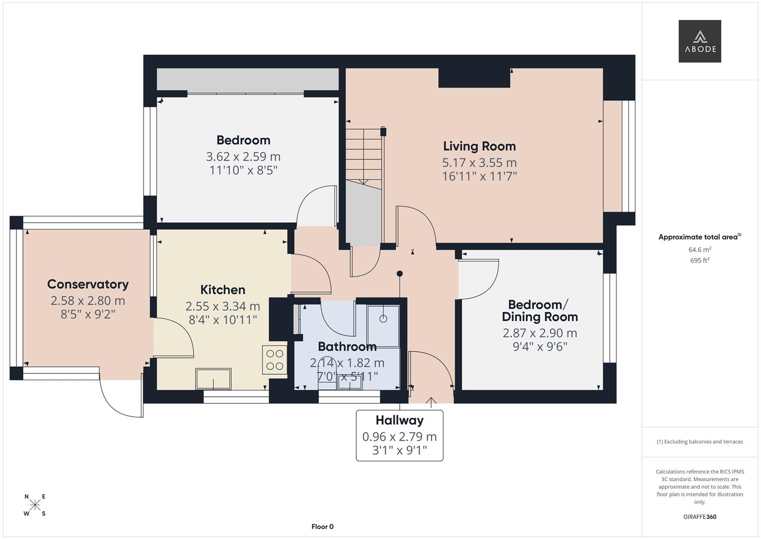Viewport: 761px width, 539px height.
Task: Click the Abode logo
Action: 700,41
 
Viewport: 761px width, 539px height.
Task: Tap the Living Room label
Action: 479,146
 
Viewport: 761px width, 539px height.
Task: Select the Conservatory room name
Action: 88,284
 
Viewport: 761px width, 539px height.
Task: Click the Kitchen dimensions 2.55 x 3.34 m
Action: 222,306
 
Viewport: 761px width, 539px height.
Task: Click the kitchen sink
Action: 214,379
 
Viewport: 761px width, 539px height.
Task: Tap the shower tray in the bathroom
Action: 383,325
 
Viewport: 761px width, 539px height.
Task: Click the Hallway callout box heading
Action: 399,420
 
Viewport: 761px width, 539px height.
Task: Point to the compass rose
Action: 35,505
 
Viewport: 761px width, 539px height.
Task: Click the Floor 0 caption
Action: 322,527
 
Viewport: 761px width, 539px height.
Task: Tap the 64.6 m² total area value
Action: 700,250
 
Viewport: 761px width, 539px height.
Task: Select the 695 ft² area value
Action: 700,261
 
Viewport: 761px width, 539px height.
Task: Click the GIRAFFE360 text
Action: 700,517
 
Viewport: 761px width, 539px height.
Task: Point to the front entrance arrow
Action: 431,400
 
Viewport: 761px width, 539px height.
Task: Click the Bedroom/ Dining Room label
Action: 540,311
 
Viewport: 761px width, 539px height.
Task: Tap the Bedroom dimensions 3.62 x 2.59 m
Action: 243,157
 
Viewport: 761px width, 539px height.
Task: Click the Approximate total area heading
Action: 699,237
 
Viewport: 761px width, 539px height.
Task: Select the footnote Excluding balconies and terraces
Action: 700,442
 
